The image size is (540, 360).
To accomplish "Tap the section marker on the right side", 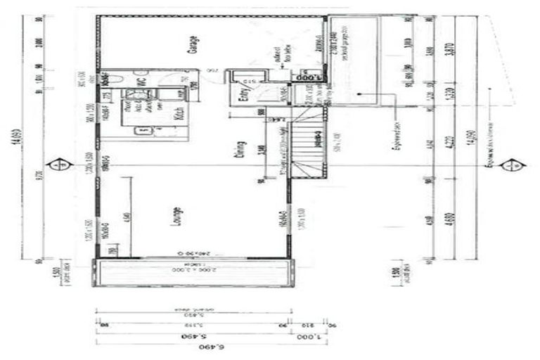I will (x=511, y=165).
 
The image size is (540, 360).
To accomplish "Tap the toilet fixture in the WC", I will (x=118, y=79).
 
